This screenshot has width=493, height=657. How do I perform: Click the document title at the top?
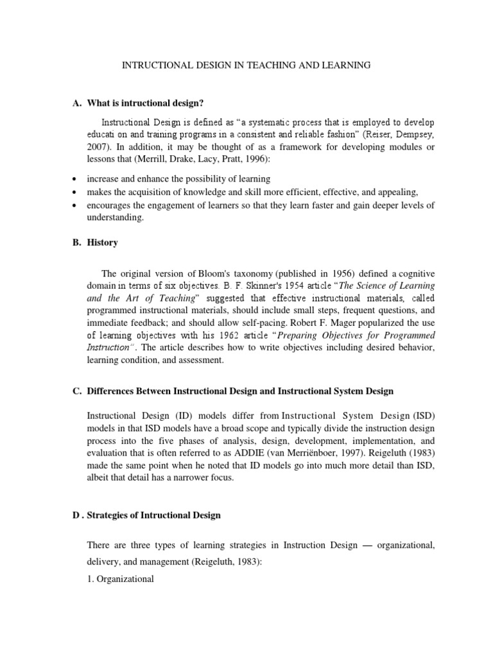[246, 65]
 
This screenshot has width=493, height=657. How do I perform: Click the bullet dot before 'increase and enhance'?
[76, 179]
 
